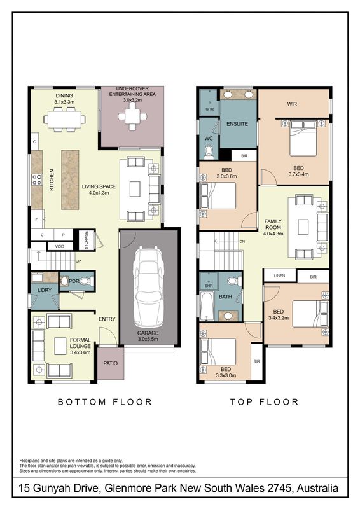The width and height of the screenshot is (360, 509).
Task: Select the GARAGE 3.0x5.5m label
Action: [148, 336]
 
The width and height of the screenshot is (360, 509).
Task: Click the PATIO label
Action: [111, 363]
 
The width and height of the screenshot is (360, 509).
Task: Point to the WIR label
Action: [292, 104]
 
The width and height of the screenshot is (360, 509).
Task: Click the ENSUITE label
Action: [237, 124]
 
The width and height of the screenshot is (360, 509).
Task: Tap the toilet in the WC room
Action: [209, 153]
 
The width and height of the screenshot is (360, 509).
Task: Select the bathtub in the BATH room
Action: [206, 306]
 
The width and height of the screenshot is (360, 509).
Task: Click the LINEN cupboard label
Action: [279, 276]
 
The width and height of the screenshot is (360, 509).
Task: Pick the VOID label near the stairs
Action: [59, 246]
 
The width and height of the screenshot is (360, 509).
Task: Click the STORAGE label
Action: [87, 241]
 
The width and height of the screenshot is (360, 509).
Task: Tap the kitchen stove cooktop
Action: [37, 179]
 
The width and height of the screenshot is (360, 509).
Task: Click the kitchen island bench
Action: [70, 179]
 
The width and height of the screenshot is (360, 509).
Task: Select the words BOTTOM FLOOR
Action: [105, 402]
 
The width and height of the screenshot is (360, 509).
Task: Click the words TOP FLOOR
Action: [264, 402]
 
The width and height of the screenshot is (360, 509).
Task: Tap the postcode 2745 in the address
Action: [279, 488]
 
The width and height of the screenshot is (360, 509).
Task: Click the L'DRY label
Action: [45, 290]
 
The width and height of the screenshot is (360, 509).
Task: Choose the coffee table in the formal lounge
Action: [60, 346]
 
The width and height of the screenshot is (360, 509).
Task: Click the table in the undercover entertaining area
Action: [132, 116]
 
